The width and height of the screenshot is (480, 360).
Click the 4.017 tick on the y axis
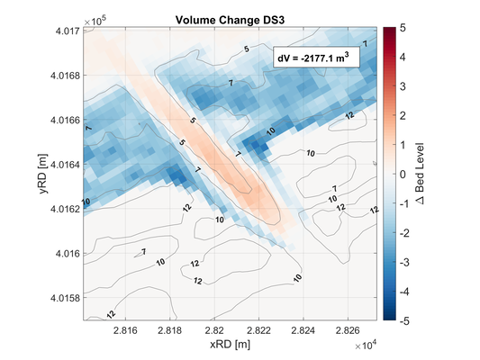click(x=66, y=31)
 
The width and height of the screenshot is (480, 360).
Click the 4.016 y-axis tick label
click(x=66, y=253)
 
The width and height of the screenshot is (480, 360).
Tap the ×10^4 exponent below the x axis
click(x=367, y=344)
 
